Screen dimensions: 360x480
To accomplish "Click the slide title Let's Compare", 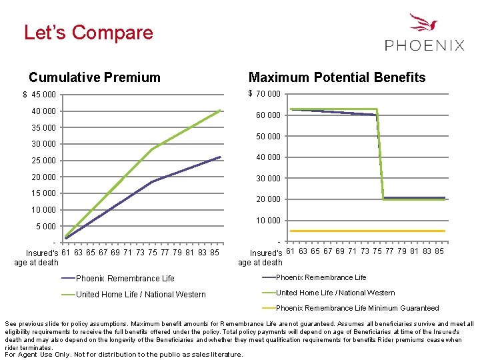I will click(88, 33).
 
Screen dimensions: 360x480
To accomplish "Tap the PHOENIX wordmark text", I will click(425, 45).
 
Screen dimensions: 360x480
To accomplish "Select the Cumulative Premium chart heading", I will click(95, 77).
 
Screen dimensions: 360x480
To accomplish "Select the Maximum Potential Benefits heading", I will click(337, 77).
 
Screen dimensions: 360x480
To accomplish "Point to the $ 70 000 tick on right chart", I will click(264, 94).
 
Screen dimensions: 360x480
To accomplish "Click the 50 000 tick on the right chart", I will click(268, 137).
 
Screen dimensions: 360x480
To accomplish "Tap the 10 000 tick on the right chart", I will click(268, 221).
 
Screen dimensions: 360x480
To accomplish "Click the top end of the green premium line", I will click(220, 111).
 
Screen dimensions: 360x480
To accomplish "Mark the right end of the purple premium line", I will click(219, 157).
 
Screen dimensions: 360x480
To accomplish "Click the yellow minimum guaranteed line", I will click(367, 231).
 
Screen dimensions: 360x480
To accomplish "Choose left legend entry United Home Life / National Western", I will click(141, 295).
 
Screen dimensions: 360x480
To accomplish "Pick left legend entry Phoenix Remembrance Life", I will click(125, 279).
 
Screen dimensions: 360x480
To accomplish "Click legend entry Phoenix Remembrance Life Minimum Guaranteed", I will click(357, 308).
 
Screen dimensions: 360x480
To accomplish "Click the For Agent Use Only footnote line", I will click(124, 354).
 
